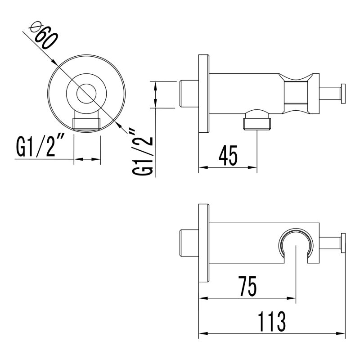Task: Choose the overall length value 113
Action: pyautogui.click(x=272, y=321)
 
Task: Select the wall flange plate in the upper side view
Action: pyautogui.click(x=204, y=94)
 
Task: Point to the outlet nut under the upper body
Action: pyautogui.click(x=256, y=122)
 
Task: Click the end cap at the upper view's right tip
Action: pyautogui.click(x=342, y=94)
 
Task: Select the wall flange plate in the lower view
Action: pyautogui.click(x=204, y=243)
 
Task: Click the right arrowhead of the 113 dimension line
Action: pyautogui.click(x=342, y=333)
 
